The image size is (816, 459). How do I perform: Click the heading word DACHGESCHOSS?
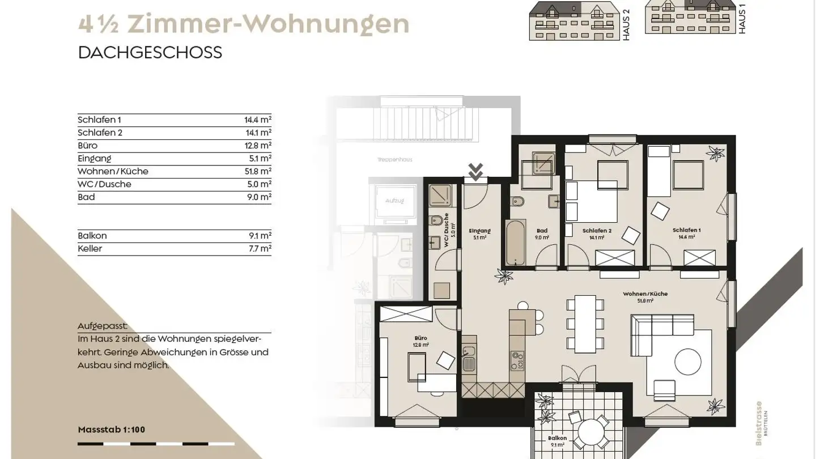click(150, 53)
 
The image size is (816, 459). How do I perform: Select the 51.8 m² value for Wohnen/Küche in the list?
click(258, 171)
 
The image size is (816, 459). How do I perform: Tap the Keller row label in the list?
click(90, 249)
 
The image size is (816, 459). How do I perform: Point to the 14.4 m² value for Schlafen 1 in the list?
click(258, 120)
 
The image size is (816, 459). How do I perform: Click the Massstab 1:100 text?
click(111, 430)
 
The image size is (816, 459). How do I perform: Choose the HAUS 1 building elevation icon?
click(690, 18)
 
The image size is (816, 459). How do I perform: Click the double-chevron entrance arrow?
click(475, 171)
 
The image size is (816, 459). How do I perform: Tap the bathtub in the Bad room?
click(515, 242)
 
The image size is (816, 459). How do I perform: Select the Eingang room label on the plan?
click(479, 231)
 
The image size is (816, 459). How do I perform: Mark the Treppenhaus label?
click(394, 160)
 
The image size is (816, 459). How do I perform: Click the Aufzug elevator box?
click(394, 201)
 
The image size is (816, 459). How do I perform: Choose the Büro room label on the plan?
click(420, 338)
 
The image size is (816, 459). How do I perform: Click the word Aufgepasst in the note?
click(103, 326)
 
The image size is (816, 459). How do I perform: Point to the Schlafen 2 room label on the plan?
click(597, 231)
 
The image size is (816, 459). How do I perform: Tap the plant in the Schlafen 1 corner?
click(715, 153)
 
